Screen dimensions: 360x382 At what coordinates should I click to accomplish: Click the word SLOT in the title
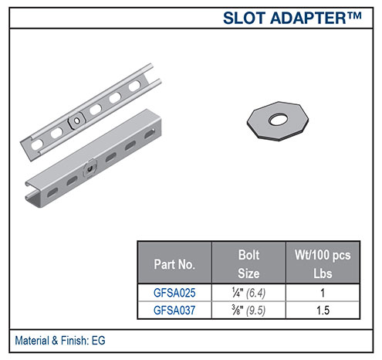[x=242, y=17]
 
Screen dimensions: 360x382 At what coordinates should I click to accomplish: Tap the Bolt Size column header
[x=246, y=263]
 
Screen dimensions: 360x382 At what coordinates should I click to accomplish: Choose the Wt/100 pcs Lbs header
[x=323, y=263]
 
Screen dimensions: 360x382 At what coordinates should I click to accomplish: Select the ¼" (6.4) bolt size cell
[x=246, y=293]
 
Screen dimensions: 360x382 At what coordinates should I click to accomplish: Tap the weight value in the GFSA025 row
[x=323, y=293]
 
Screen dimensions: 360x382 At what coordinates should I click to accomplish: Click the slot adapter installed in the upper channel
[x=77, y=121]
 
